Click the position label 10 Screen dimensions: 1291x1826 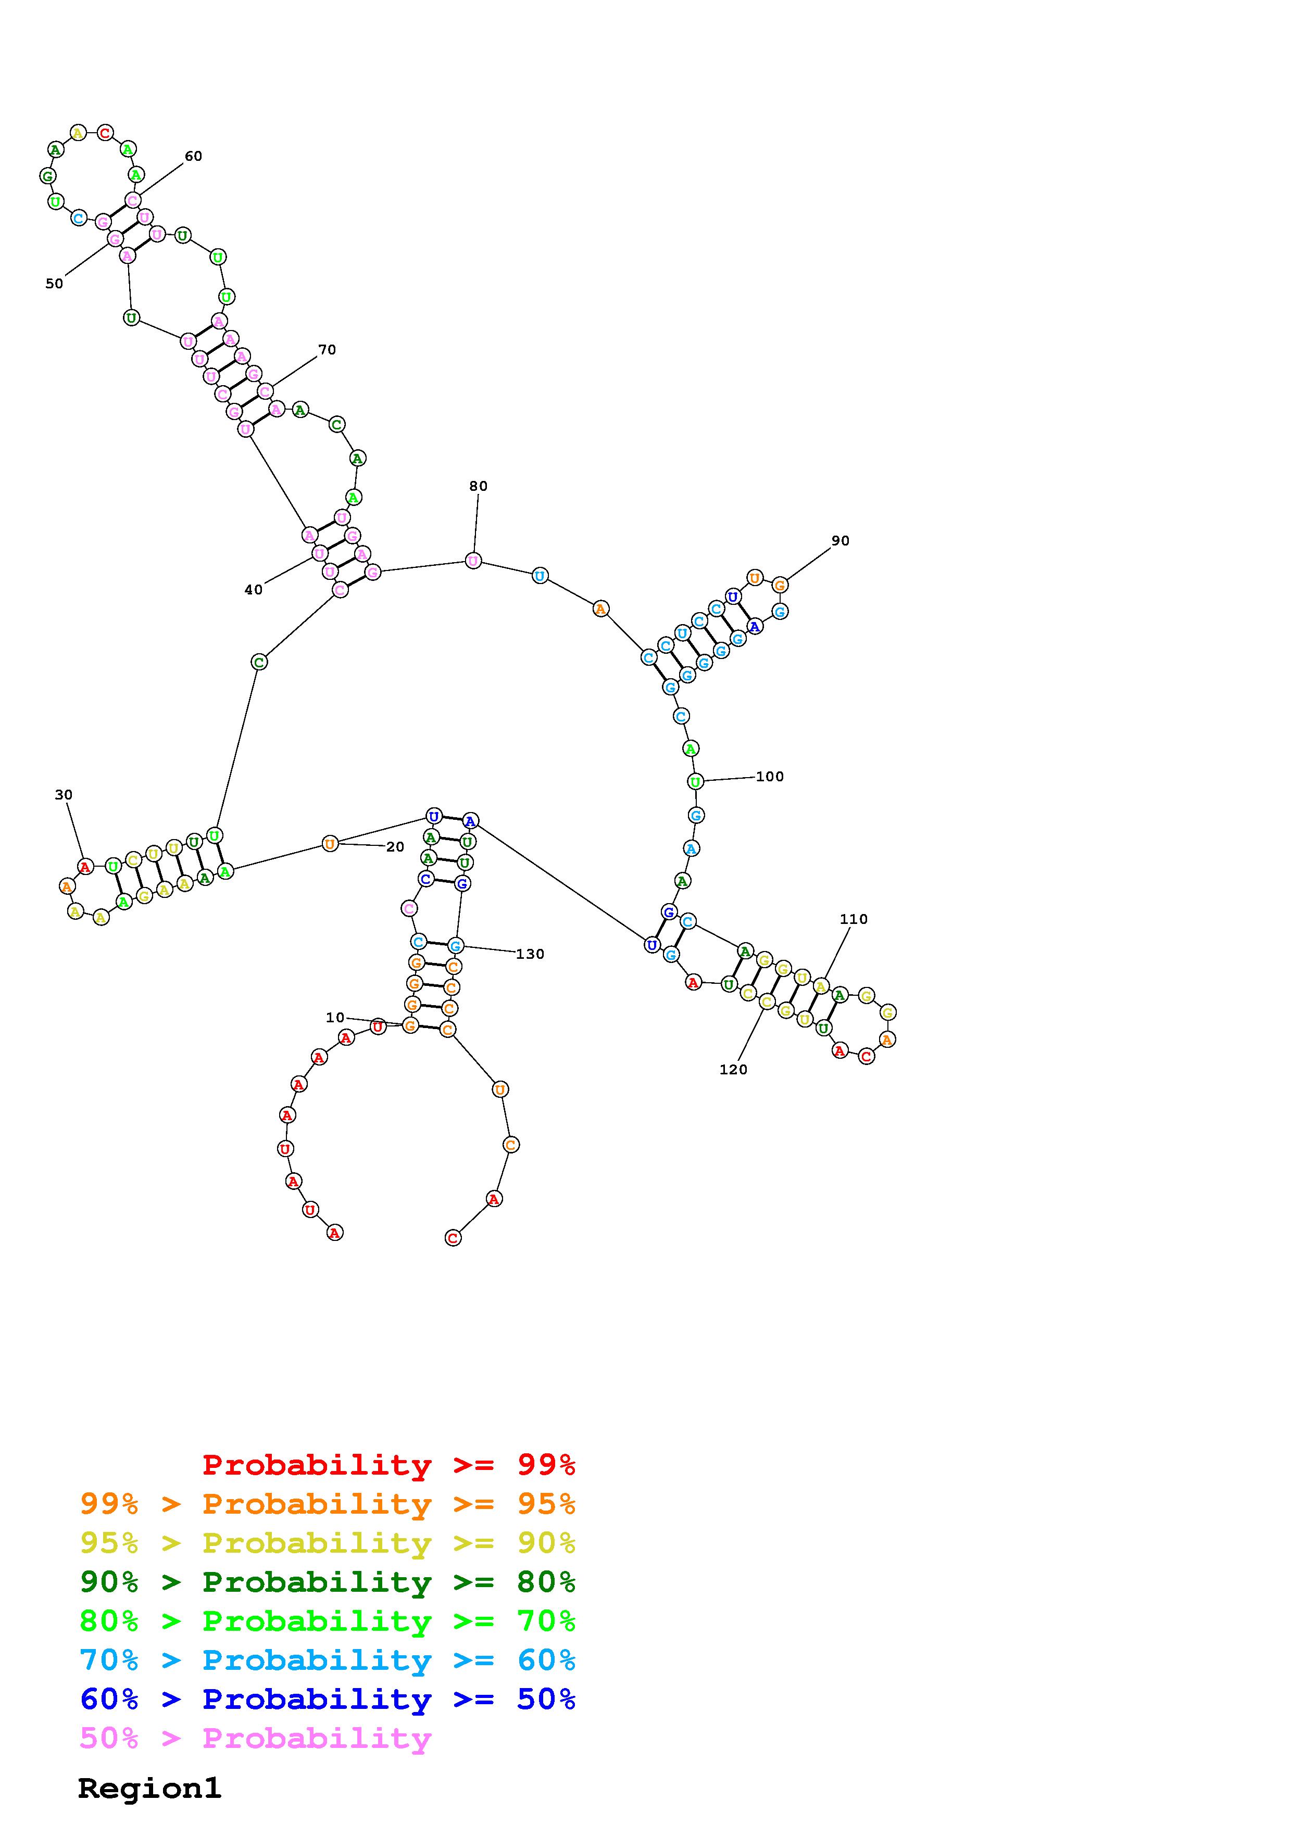[335, 1017]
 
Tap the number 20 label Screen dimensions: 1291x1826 [395, 847]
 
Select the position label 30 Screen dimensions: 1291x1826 [64, 794]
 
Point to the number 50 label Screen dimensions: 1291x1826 [54, 284]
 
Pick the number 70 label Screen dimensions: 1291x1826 [327, 350]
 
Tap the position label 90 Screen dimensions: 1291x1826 [840, 541]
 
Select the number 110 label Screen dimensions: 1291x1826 [854, 919]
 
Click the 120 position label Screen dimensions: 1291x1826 [733, 1070]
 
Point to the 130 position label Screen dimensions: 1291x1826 [530, 954]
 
